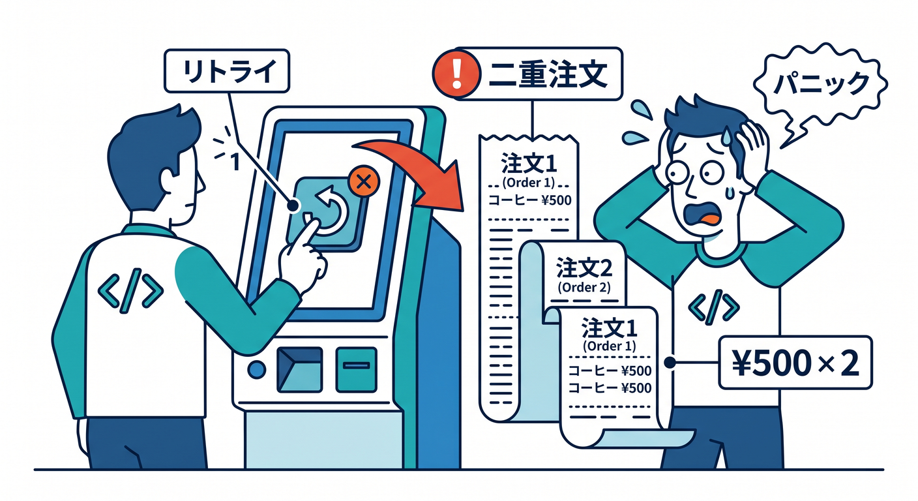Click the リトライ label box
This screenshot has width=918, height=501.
coord(227,71)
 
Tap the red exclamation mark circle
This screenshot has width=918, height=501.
coord(456,74)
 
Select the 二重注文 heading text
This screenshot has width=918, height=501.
coord(548,74)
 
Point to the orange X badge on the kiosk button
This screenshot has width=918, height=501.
coord(364,181)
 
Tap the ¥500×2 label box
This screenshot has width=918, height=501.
coord(795,363)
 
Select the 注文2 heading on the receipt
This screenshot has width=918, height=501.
coord(584,269)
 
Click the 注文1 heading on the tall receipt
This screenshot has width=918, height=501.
coord(529,164)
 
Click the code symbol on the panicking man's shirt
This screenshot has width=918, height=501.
coord(713,307)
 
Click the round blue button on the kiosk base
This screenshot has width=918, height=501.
coord(256,370)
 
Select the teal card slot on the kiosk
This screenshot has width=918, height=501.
coord(356,369)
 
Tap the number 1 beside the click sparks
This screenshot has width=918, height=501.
coord(235,162)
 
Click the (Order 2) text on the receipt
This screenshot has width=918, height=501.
coord(584,288)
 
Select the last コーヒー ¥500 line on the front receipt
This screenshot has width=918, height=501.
coord(610,388)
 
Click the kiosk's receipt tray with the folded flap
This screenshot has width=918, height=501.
coord(299,369)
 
